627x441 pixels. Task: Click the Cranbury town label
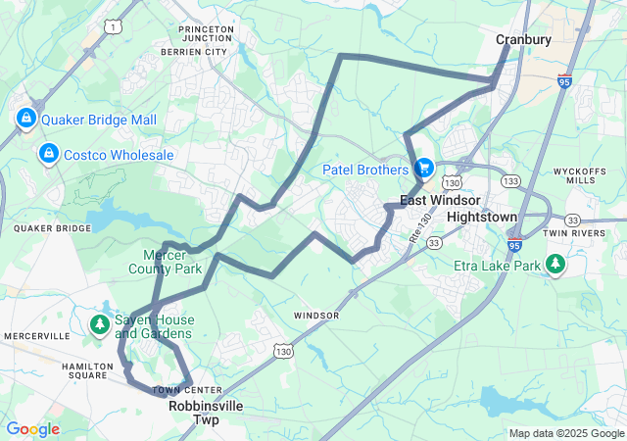pyautogui.click(x=523, y=39)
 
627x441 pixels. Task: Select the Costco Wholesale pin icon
pyautogui.click(x=47, y=155)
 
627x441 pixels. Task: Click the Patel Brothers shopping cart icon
pyautogui.click(x=424, y=170)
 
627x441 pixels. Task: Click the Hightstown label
pyautogui.click(x=480, y=215)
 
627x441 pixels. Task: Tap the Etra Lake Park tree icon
pyautogui.click(x=555, y=265)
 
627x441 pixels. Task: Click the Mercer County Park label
pyautogui.click(x=166, y=261)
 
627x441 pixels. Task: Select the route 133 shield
pyautogui.click(x=509, y=181)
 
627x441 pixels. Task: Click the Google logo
pyautogui.click(x=32, y=429)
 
